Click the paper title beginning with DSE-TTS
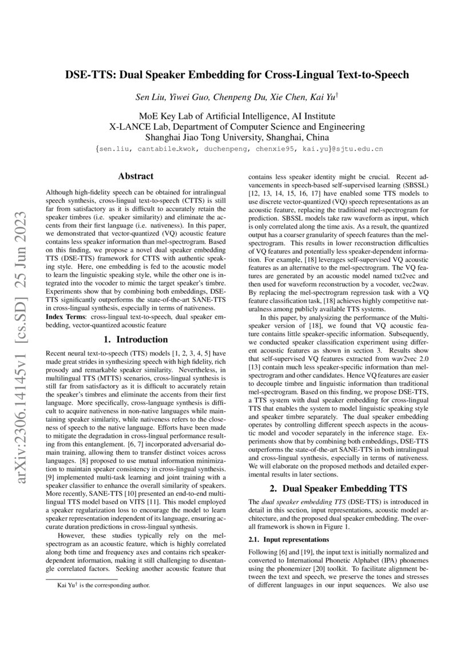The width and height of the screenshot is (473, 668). coord(236,74)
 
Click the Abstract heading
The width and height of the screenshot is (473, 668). coord(135,177)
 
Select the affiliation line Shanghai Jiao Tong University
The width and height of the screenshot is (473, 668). coord(237,137)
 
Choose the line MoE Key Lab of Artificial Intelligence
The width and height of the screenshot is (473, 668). coord(237,115)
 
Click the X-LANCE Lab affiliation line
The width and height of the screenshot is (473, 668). coord(237,126)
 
